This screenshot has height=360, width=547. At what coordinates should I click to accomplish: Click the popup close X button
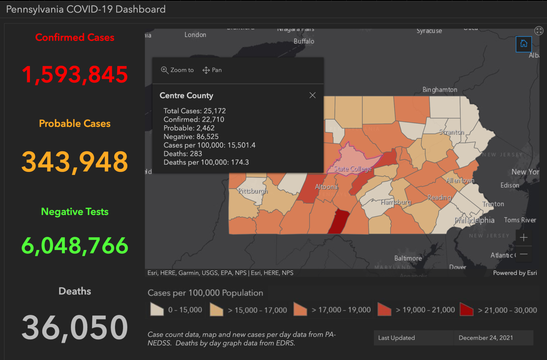point(312,95)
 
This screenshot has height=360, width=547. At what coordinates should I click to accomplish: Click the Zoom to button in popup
point(177,70)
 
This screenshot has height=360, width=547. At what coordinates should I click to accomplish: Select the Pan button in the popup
point(212,70)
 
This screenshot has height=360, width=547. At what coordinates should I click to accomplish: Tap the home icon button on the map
point(523,44)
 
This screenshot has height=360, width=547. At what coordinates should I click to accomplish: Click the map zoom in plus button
point(523,238)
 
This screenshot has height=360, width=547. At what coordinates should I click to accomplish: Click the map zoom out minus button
point(523,254)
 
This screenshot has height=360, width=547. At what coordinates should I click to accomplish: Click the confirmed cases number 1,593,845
point(75,74)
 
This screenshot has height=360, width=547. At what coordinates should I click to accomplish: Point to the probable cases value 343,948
point(75,162)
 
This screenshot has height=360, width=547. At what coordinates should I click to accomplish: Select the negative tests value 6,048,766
point(75,246)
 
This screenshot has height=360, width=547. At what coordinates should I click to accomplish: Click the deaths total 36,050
point(75,328)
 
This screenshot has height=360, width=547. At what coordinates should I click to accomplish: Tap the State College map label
point(352,169)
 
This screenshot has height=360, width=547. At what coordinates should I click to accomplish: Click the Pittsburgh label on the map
point(253,191)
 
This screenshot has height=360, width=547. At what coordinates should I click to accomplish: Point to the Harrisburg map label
point(396,202)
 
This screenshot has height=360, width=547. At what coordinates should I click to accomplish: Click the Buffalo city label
point(304,41)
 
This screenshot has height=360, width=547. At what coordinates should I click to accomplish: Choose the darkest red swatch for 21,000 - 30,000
point(466,309)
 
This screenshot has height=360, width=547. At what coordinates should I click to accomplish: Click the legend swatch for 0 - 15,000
point(157,309)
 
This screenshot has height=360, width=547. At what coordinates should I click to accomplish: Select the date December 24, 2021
point(486,338)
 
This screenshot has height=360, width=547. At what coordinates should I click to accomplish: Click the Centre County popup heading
point(186,96)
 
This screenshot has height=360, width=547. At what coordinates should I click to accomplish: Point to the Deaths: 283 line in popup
point(183,154)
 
